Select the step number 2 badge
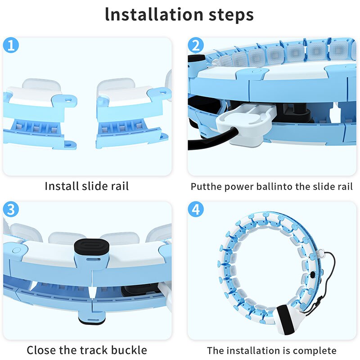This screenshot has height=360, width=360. [x=195, y=45]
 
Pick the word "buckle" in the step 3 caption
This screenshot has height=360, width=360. [x=128, y=350]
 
